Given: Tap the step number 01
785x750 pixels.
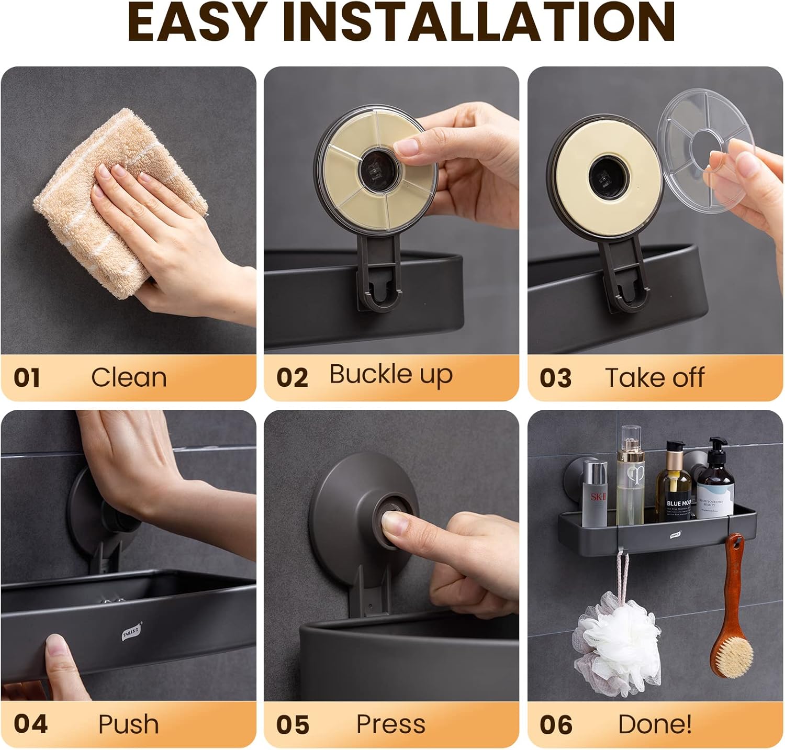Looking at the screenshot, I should (x=27, y=377).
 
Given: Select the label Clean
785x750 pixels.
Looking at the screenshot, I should (x=129, y=377).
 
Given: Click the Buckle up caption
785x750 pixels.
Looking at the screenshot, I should (x=390, y=375).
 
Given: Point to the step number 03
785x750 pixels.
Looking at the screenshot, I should (x=555, y=378).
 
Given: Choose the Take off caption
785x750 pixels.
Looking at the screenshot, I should (x=654, y=377).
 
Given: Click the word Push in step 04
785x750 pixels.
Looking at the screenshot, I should (x=128, y=724).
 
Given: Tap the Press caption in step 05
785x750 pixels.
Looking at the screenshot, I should (x=390, y=724).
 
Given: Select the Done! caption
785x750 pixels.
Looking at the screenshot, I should (x=655, y=724).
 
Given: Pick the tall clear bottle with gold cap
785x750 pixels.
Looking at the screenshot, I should (x=630, y=476).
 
